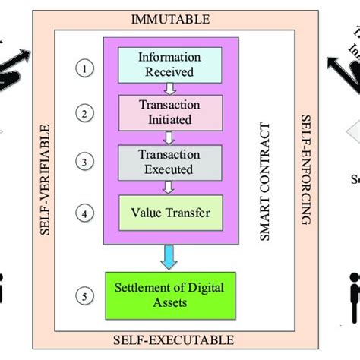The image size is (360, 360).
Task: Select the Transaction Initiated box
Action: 170,113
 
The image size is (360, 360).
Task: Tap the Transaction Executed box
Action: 170,163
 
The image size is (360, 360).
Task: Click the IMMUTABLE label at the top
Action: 169,18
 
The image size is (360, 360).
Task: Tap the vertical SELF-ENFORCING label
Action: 305,169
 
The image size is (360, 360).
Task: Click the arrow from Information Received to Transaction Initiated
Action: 170,89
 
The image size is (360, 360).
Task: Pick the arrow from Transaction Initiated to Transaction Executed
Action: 170,137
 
